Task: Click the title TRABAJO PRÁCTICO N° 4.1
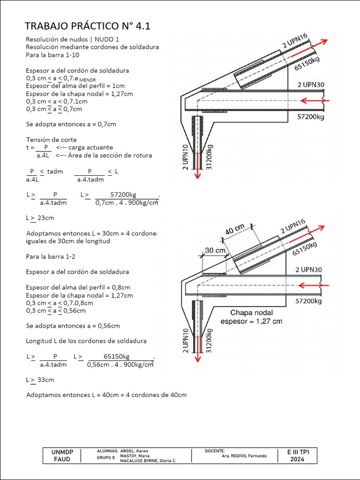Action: pyautogui.click(x=88, y=26)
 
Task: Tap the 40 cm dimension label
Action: pyautogui.click(x=235, y=230)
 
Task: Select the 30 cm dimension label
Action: pyautogui.click(x=215, y=251)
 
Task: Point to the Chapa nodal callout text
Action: pyautogui.click(x=251, y=313)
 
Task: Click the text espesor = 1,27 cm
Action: pyautogui.click(x=252, y=321)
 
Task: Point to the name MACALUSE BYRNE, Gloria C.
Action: pyautogui.click(x=149, y=461)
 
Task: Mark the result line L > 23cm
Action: pyautogui.click(x=39, y=218)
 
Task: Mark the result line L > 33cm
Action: pyautogui.click(x=40, y=380)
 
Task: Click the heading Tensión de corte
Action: pyautogui.click(x=51, y=140)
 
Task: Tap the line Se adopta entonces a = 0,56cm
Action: pyautogui.click(x=73, y=326)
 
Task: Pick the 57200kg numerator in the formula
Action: pyautogui.click(x=123, y=195)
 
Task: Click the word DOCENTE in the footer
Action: pyautogui.click(x=215, y=450)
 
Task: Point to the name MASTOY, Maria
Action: pyautogui.click(x=135, y=456)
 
